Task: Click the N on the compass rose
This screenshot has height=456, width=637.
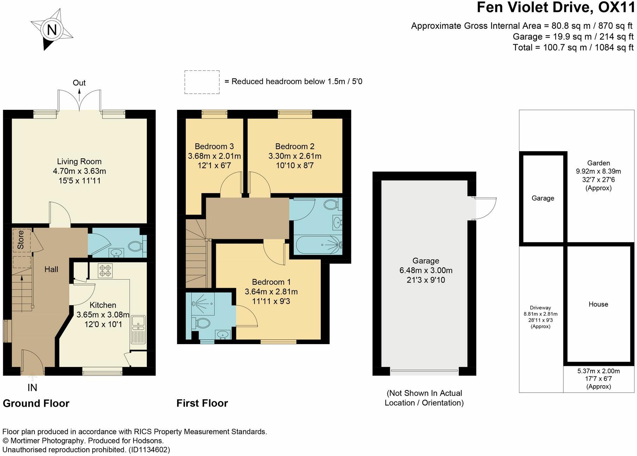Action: [52, 30]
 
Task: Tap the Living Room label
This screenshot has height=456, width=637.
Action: [79, 161]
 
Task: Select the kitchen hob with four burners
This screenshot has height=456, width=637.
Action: [105, 271]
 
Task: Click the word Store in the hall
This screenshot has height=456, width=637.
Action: [21, 240]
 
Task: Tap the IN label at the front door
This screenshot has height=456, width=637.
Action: [32, 388]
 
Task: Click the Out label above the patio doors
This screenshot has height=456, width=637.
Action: [79, 83]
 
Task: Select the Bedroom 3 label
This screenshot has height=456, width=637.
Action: [214, 146]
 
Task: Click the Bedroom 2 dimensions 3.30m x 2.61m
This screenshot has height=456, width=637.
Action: [295, 156]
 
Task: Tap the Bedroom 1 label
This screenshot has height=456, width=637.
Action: [271, 282]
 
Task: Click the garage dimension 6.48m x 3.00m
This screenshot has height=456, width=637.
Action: [426, 271]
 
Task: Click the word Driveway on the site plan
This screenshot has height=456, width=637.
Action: [541, 308]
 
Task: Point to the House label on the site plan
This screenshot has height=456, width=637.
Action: [598, 304]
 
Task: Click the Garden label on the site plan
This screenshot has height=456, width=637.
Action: [598, 163]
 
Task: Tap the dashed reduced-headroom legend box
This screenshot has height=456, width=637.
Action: [202, 82]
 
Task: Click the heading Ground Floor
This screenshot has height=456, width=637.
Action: [36, 403]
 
